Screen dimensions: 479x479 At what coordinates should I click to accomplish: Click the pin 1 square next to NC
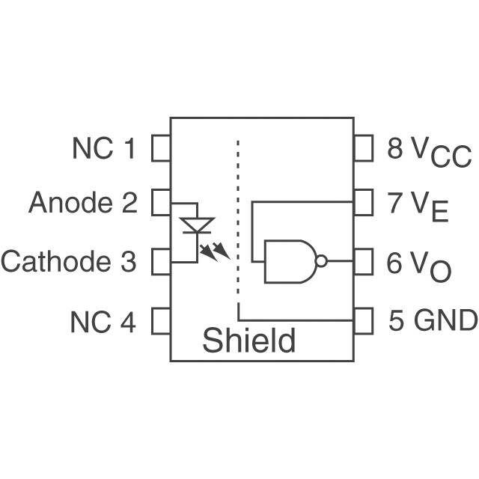(161, 149)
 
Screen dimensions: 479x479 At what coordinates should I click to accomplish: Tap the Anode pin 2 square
(161, 202)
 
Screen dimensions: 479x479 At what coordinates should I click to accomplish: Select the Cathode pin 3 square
(161, 262)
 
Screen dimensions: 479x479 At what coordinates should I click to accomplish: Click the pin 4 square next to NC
(161, 321)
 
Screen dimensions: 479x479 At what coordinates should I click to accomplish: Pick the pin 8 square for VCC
(363, 149)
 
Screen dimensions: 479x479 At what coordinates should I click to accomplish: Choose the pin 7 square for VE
(363, 202)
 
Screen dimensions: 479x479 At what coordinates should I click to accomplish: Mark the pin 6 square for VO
(363, 262)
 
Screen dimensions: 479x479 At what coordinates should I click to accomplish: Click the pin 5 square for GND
(363, 321)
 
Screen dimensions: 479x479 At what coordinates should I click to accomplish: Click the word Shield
(248, 341)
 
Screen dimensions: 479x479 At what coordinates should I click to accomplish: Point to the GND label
(445, 321)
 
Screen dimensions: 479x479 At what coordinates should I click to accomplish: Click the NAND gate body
(289, 261)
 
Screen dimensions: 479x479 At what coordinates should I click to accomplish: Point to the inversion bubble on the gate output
(321, 262)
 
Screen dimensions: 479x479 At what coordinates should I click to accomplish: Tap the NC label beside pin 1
(94, 149)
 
